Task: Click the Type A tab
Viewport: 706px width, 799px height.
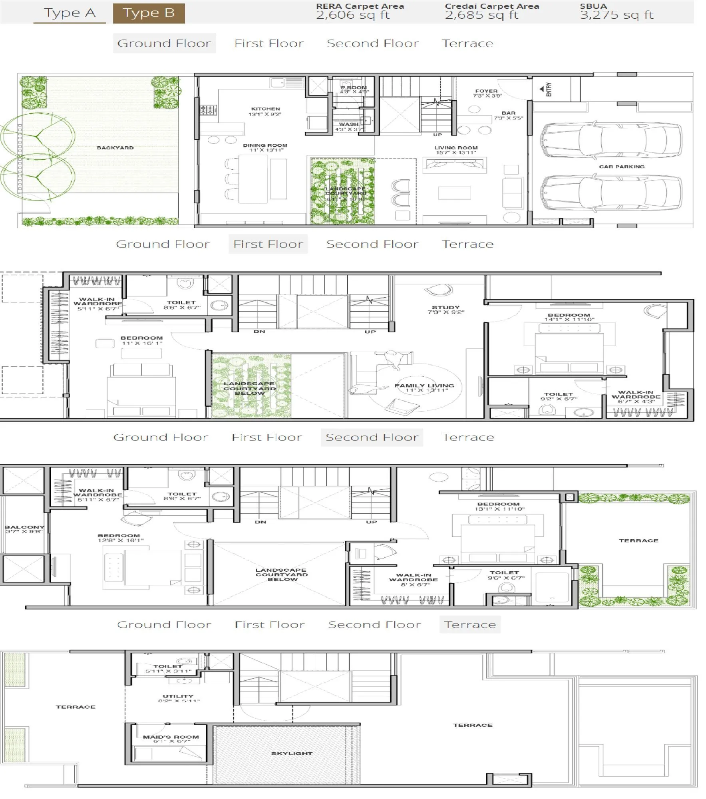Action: [x=70, y=13]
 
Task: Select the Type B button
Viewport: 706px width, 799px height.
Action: [x=149, y=13]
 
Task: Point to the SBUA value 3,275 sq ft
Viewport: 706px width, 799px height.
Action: [x=616, y=15]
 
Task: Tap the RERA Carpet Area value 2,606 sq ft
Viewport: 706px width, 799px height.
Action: [x=352, y=15]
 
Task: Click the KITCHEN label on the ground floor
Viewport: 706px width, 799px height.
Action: [x=265, y=109]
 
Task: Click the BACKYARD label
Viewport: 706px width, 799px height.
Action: [x=115, y=148]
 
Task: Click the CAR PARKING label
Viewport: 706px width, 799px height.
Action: [x=621, y=167]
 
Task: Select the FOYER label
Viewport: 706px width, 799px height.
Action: [x=486, y=91]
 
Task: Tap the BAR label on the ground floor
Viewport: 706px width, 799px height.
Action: [x=508, y=113]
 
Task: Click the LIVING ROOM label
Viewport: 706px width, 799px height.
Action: [x=456, y=148]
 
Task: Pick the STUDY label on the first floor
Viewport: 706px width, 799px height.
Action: [x=445, y=308]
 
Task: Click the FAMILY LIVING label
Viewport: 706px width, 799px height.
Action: [x=424, y=386]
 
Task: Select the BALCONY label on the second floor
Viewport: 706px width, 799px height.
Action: [x=24, y=527]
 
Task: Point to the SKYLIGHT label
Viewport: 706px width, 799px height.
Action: [x=291, y=753]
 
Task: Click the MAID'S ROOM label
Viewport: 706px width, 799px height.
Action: [x=171, y=737]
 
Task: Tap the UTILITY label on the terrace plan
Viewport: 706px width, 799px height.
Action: [x=178, y=696]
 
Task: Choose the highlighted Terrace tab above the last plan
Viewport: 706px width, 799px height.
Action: [x=469, y=624]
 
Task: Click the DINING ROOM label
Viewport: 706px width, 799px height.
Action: [x=265, y=145]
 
